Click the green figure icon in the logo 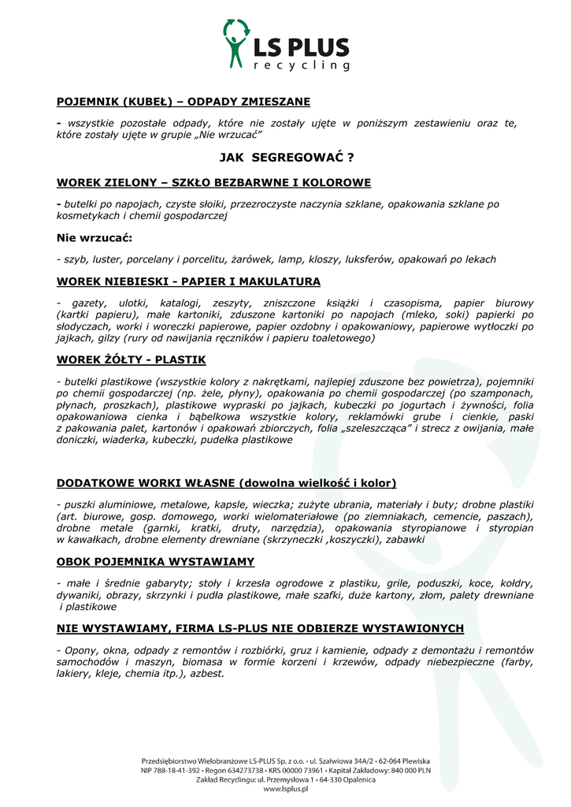235,44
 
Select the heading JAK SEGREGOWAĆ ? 286,158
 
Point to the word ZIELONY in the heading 126,183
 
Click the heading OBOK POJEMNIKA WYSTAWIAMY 155,561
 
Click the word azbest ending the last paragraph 206,674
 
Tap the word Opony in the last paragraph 76,650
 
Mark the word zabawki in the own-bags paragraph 405,540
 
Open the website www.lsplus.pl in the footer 285,789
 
